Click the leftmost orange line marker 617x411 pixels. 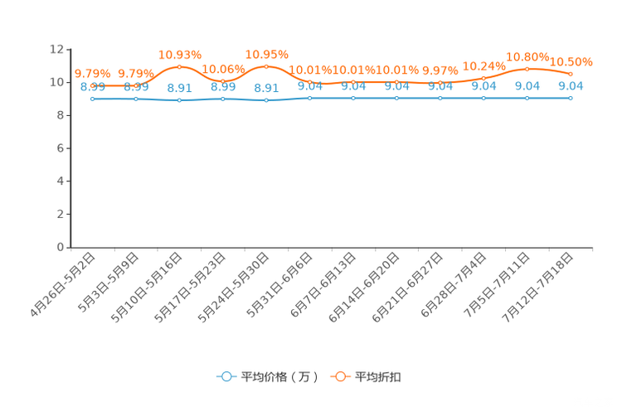92,85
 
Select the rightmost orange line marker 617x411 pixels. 571,75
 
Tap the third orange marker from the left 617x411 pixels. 179,66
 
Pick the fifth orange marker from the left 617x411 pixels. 266,65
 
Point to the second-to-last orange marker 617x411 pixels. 527,68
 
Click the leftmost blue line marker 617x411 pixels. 92,99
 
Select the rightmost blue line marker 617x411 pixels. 571,98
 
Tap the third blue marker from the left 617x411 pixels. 179,99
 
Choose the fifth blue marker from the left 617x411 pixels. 266,99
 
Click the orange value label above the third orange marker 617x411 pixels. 179,55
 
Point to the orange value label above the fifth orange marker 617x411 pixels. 266,54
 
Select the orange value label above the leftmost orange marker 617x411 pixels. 92,73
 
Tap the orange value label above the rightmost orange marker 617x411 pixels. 572,61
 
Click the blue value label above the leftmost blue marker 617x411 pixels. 92,86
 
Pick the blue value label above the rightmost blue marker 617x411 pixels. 571,85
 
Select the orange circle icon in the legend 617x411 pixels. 340,376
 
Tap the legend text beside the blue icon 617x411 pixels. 279,377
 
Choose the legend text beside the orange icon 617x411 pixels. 378,377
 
